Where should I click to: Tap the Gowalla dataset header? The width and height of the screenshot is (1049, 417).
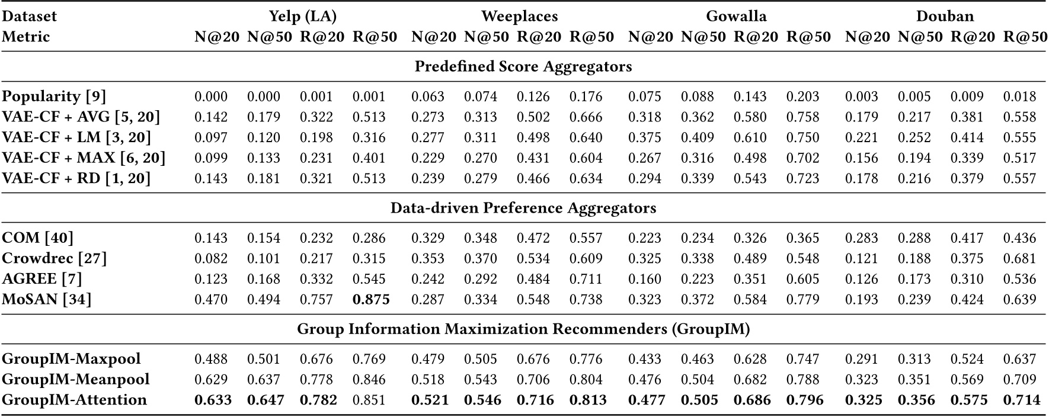736,17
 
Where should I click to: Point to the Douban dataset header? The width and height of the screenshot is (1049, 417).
945,17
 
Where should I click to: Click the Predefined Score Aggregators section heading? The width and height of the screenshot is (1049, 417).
523,66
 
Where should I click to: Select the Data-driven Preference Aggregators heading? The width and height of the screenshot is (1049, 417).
523,208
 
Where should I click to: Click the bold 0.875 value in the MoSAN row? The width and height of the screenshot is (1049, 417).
371,300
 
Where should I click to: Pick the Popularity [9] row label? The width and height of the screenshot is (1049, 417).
54,97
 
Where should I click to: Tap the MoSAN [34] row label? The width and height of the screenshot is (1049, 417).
47,300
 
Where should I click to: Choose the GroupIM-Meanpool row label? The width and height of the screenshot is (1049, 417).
76,379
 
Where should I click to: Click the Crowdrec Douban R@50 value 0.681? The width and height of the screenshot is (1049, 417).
1019,259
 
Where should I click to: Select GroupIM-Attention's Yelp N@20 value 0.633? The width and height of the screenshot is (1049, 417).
213,400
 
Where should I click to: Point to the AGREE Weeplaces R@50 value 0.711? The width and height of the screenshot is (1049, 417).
586,279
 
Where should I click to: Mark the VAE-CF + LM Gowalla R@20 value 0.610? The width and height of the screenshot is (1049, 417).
750,138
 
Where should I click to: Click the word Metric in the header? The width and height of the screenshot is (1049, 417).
25,37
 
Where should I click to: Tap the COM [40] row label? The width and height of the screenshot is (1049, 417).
37,238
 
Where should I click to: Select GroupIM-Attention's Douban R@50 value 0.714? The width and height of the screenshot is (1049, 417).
1021,400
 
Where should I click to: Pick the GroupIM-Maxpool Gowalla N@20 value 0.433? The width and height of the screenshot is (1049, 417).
644,359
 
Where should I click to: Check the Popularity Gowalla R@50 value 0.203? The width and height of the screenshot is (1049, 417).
802,97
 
